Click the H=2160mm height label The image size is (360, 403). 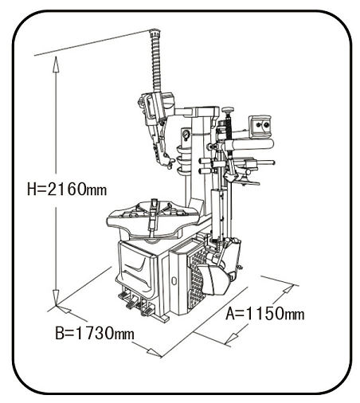point(67,189)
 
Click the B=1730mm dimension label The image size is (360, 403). point(95,333)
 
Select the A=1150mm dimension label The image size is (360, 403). point(265,314)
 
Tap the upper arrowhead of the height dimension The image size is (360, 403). point(56,65)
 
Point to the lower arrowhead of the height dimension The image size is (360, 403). point(56,297)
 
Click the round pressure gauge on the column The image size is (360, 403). point(186,135)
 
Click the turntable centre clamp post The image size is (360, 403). point(153,214)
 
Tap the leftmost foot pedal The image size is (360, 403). point(124,295)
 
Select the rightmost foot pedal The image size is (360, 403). point(147,311)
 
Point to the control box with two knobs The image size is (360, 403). point(260,126)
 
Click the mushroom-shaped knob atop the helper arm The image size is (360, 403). point(228,110)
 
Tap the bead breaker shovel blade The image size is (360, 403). point(215,280)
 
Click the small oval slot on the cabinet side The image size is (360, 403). point(174,280)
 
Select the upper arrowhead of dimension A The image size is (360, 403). point(288,288)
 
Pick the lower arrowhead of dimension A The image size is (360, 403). point(233,338)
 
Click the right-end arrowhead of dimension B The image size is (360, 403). point(154,353)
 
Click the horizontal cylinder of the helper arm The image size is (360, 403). point(249,145)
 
